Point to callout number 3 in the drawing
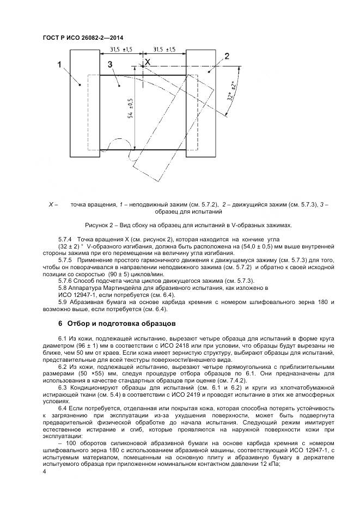[110, 65]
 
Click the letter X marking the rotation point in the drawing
[147, 63]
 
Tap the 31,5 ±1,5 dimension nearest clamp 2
[164, 50]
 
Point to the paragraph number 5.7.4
[65, 239]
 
